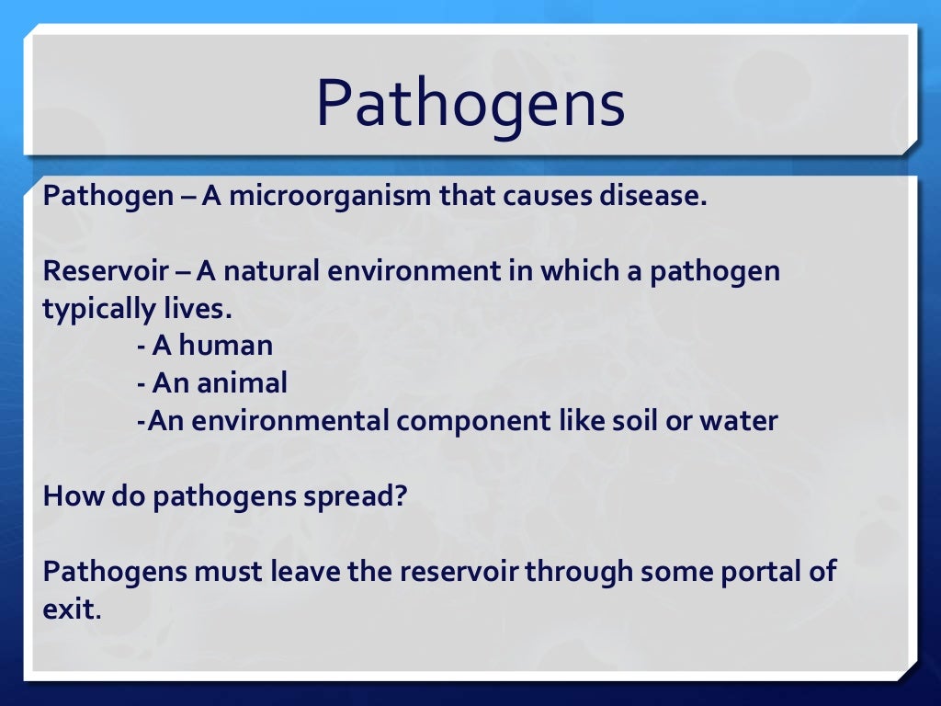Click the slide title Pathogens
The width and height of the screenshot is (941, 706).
point(470,104)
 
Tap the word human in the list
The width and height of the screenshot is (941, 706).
point(225,347)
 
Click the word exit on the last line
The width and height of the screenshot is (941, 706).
point(69,609)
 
